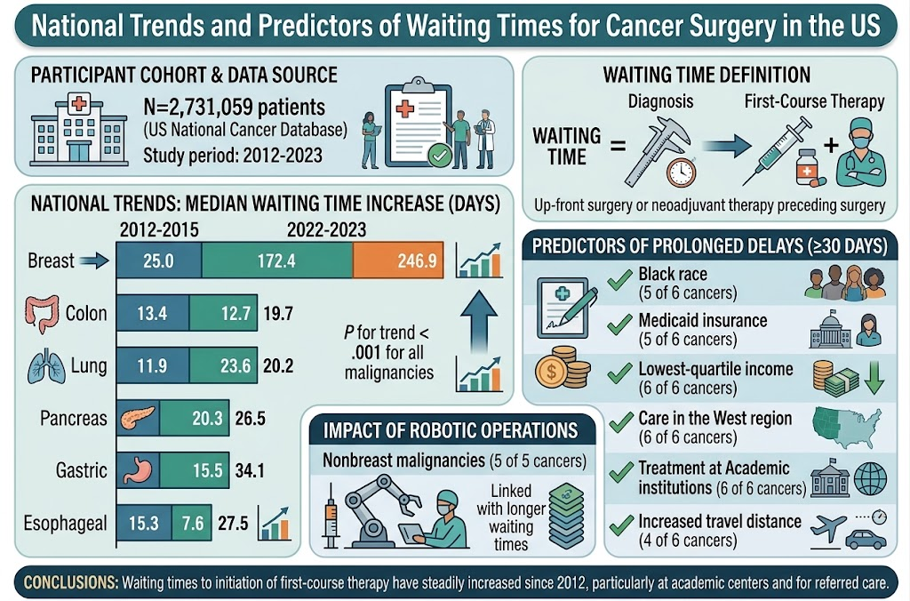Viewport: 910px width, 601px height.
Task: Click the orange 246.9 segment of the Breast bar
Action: pos(398,260)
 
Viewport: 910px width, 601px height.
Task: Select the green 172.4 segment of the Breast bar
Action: pos(277,260)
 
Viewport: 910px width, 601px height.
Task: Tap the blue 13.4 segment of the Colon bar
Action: pos(153,313)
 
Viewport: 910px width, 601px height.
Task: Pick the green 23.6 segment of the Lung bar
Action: pos(223,365)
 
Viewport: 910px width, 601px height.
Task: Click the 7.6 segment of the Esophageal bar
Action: pos(192,523)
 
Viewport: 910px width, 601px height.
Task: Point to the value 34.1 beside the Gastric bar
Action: pos(250,470)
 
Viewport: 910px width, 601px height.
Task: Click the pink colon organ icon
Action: pos(42,314)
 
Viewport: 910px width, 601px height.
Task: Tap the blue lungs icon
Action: pos(46,367)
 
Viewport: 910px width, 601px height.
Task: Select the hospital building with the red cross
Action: pos(79,130)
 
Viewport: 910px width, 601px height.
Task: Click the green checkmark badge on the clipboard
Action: pos(439,156)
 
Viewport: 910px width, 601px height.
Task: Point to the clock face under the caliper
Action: pos(682,172)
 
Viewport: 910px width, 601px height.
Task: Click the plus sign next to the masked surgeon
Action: pos(831,145)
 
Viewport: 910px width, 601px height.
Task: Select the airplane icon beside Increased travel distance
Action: pos(827,528)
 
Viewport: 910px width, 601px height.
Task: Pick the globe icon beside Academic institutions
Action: pos(871,478)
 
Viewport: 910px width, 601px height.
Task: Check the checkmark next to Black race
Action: pos(619,279)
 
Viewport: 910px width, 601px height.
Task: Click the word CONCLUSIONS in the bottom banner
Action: pos(70,582)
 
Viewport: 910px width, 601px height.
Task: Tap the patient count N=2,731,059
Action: pos(235,107)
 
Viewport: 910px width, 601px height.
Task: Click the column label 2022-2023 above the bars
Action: pos(326,230)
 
